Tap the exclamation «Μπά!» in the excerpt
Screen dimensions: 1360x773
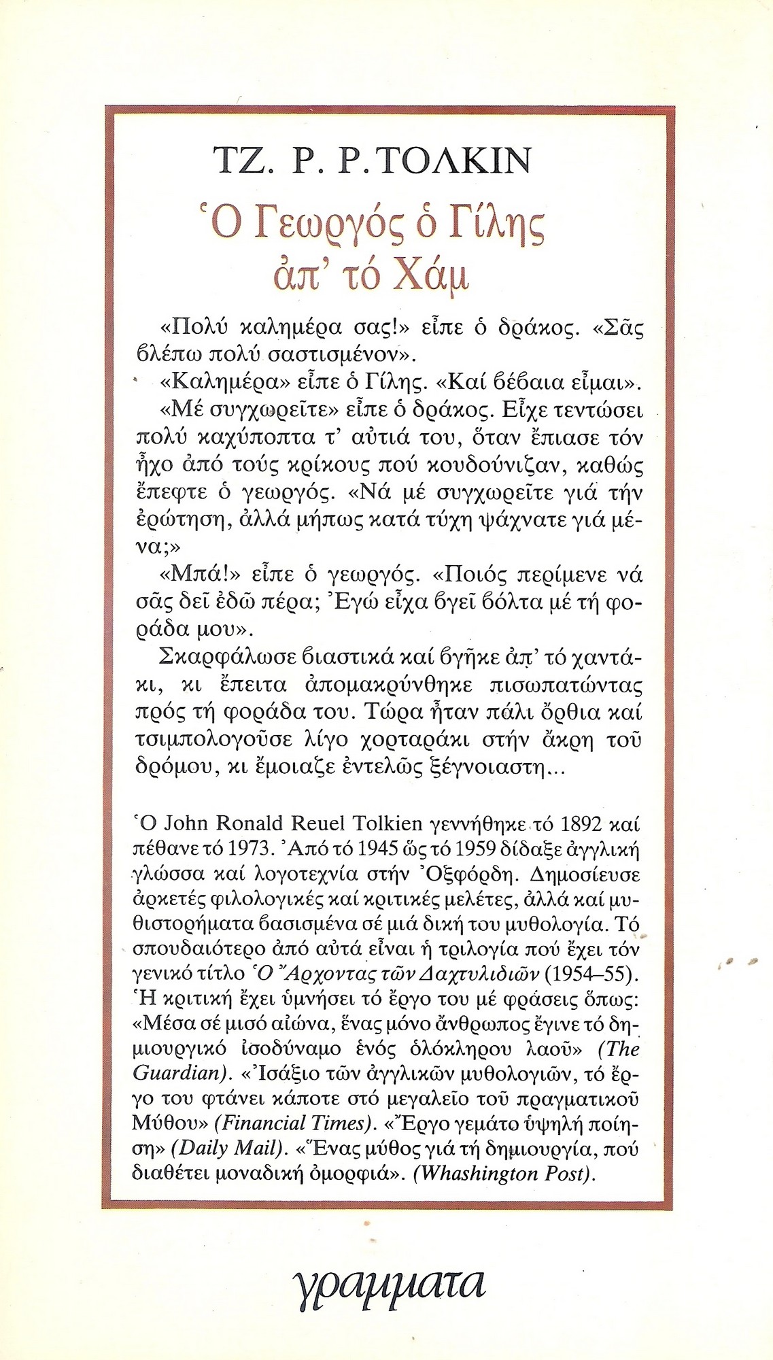coord(190,575)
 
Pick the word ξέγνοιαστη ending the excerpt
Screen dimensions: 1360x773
coord(491,767)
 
